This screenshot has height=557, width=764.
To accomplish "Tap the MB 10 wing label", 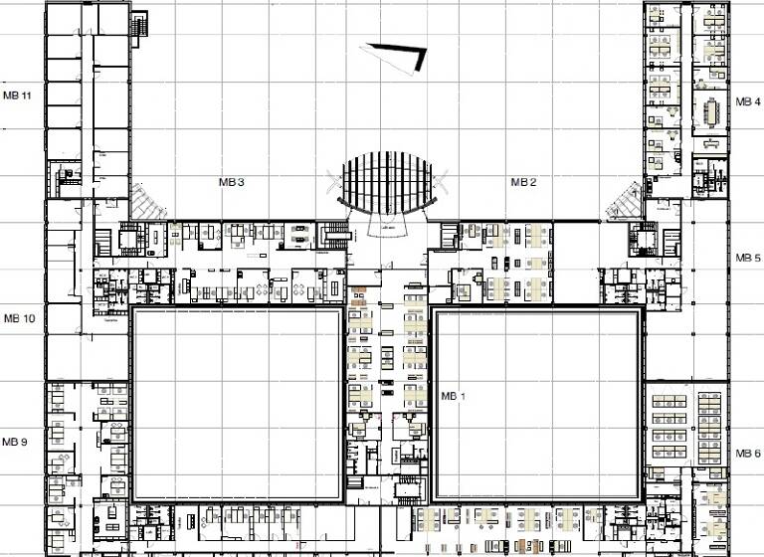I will pos(19,318).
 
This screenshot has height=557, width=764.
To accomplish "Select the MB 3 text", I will pos(232,182).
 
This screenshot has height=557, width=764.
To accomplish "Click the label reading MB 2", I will pos(523,182).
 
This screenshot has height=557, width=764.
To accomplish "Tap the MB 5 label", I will pos(748,258).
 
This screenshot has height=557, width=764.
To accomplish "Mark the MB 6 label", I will pos(748,453).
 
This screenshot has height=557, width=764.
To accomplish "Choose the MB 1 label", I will pos(453,397).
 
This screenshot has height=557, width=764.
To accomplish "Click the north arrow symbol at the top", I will pos(398,57).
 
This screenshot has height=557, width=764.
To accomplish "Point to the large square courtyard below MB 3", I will pos(239,405).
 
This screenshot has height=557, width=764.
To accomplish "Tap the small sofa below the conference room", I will pos(712,144).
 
